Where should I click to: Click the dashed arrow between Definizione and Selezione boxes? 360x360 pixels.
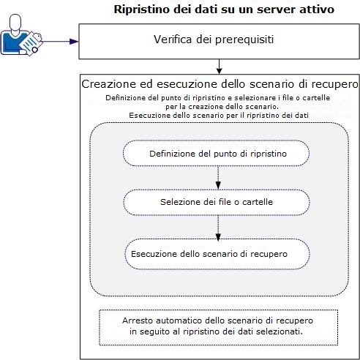217,178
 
